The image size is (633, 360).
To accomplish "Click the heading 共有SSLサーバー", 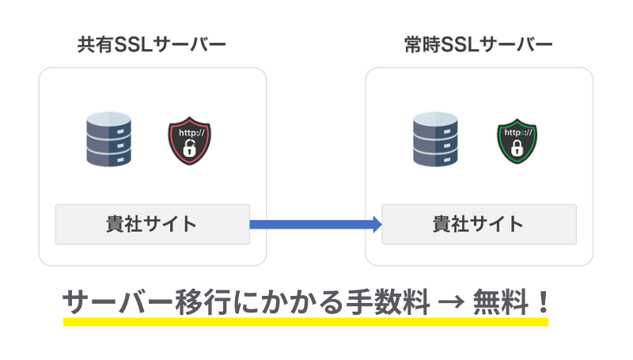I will pos(151,44).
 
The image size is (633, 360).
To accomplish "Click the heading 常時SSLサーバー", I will pos(477,44).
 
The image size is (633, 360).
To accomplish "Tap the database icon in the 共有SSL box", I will pos(108,140).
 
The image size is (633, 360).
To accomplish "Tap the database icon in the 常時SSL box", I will pos(436,140).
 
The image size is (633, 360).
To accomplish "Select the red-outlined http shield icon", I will pos(189,141).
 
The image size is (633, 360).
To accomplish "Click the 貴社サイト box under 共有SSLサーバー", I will pos(152,224).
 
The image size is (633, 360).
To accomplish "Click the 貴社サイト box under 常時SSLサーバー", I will pos(479,224).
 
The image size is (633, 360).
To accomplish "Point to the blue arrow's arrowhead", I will pos(377,225).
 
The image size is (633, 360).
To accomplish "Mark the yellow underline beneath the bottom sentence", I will pos(305,321).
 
